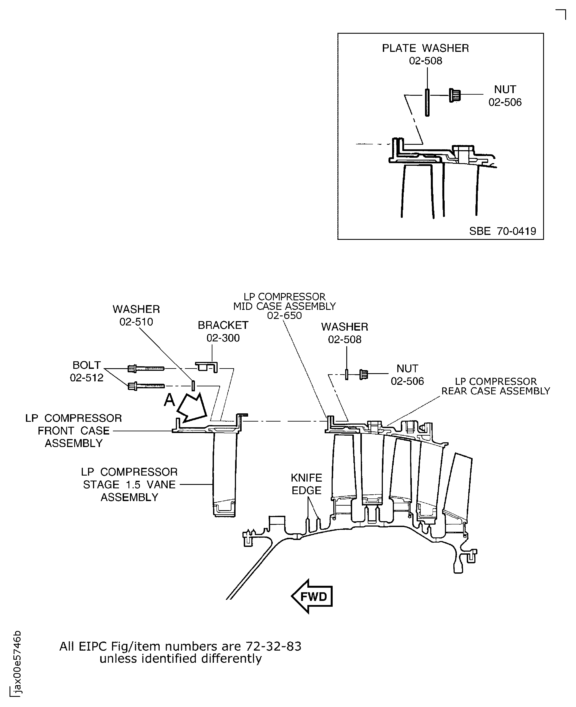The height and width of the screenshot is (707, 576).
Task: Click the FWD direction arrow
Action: [x=312, y=597]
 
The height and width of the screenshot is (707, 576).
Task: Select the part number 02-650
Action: [x=284, y=315]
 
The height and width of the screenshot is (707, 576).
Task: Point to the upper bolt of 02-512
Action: [x=146, y=368]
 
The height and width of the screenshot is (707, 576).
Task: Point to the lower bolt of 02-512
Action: [x=146, y=386]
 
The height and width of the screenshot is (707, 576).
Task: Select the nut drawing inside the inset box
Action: [x=455, y=95]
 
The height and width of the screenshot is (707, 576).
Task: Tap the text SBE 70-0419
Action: [x=502, y=231]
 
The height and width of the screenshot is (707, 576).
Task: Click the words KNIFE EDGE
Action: [x=306, y=484]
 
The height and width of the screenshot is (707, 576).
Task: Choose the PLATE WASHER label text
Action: [x=425, y=48]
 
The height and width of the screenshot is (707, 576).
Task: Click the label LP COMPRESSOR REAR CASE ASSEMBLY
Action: [x=496, y=386]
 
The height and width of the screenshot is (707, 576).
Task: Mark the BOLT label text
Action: [x=87, y=365]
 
